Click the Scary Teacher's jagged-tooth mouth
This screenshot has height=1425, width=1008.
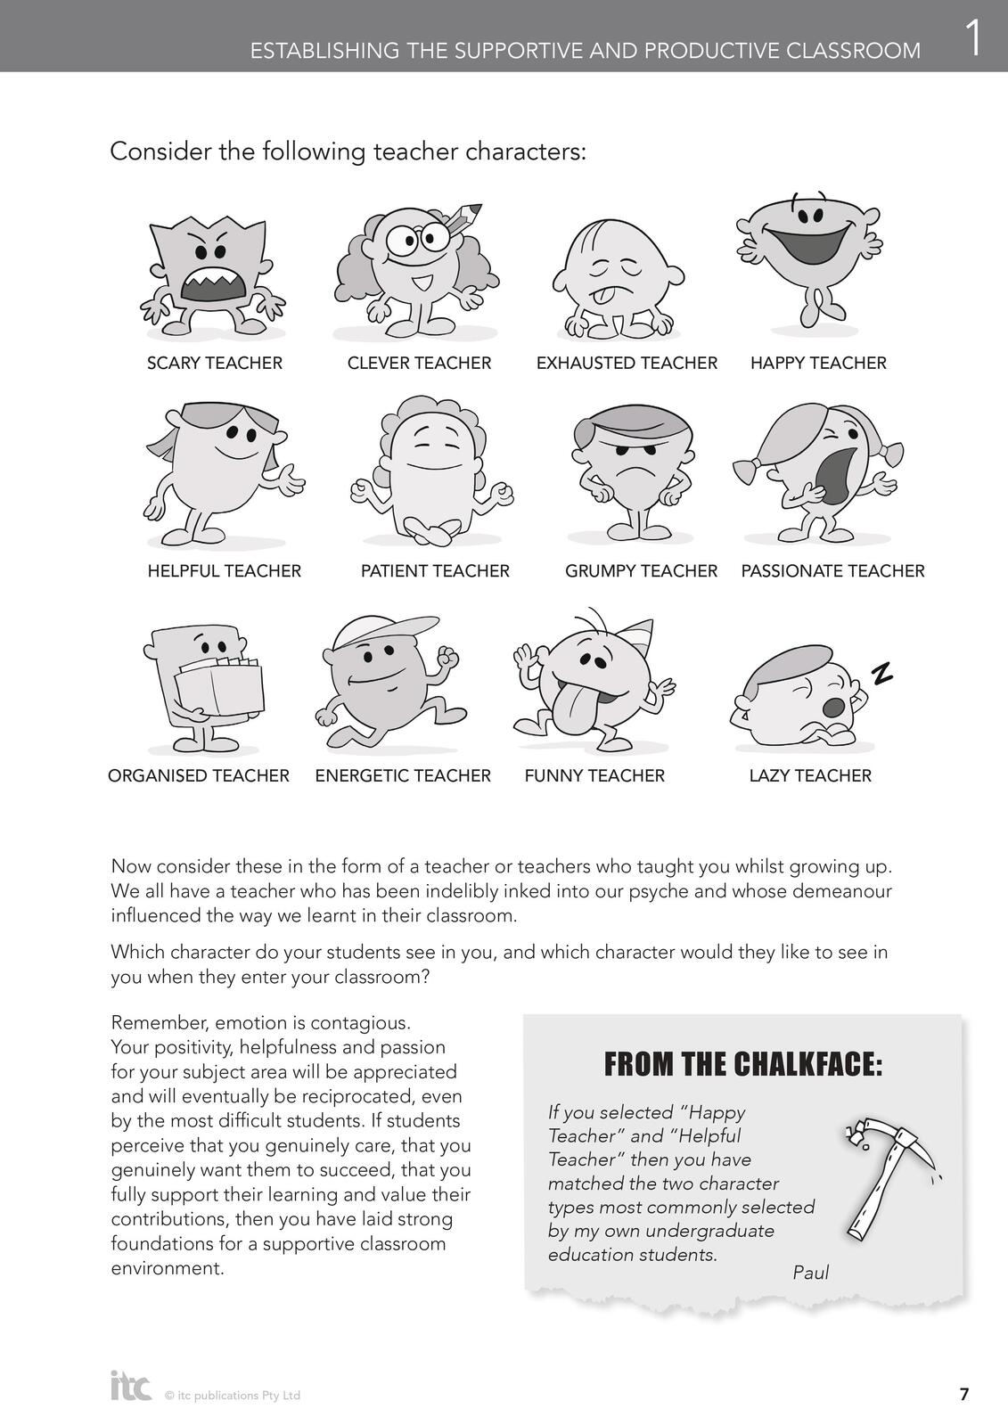pos(213,287)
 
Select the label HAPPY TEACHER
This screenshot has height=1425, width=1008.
pos(818,363)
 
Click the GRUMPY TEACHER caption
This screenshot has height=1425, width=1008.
pos(641,570)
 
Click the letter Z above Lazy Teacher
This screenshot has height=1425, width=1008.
pos(881,674)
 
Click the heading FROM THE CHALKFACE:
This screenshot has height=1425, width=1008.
pos(743,1064)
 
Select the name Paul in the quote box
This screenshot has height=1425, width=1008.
pos(810,1273)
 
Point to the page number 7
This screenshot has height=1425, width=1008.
pos(963,1395)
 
